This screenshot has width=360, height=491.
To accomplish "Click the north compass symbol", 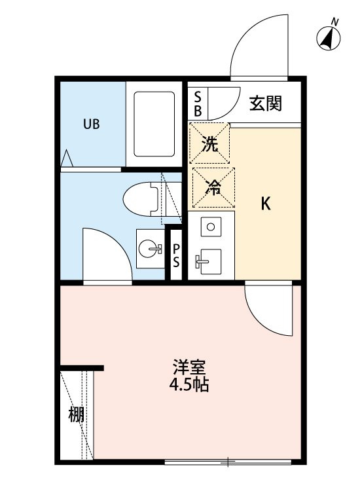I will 330,38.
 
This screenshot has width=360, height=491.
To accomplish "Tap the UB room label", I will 91,124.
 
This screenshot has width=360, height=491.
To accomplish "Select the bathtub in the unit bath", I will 154,124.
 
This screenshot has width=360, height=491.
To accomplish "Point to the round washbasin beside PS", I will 150,249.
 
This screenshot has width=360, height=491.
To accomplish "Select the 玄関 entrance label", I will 266,103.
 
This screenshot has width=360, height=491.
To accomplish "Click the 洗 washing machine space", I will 209,143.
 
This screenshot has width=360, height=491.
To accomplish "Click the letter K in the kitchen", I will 266,204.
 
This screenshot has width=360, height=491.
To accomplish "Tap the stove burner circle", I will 211,227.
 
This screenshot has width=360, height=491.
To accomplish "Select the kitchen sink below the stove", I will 211,264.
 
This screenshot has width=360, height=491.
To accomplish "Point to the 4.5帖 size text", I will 187,384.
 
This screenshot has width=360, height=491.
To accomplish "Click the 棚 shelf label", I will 77,414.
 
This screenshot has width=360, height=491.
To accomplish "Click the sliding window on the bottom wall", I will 226,463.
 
